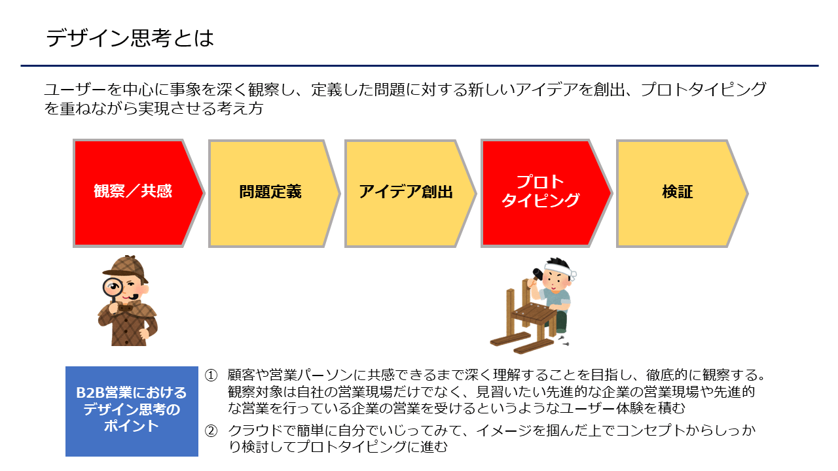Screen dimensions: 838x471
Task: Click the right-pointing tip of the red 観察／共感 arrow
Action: click(x=204, y=193)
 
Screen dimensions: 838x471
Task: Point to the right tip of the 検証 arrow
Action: click(x=748, y=193)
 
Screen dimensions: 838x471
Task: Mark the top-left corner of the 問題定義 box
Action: click(x=209, y=141)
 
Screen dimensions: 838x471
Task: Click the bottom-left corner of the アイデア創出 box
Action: click(x=345, y=247)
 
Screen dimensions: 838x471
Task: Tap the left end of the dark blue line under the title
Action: click(x=21, y=66)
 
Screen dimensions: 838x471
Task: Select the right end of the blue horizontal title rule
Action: click(x=818, y=66)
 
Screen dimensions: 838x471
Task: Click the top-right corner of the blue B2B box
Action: click(x=198, y=367)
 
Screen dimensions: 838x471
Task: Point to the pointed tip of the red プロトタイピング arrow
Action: click(x=611, y=193)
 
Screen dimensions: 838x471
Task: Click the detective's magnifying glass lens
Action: click(x=113, y=287)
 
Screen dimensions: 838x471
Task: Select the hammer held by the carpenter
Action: click(x=538, y=275)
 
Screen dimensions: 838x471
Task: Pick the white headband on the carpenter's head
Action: click(x=559, y=270)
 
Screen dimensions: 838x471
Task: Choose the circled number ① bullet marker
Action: click(x=211, y=375)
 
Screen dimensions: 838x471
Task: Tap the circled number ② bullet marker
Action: click(x=211, y=431)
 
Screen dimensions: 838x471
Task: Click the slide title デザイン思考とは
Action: click(x=130, y=38)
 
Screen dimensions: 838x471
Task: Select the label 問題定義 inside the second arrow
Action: click(x=270, y=192)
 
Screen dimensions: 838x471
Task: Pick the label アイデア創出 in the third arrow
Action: click(x=406, y=192)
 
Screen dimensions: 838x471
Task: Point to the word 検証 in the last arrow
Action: click(x=678, y=192)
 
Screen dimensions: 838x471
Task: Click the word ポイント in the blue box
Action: click(x=132, y=426)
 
